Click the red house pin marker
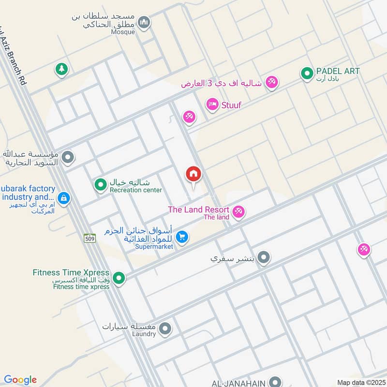point(193,175)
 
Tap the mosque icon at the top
point(144,22)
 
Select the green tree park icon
point(61,69)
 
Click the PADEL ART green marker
point(306,74)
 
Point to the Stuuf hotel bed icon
point(212,104)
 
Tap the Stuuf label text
point(231,104)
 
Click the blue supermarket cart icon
point(182,237)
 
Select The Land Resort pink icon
point(238,211)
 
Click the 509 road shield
point(89,238)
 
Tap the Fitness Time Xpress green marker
point(119,278)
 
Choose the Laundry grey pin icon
point(165,328)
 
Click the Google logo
point(20,380)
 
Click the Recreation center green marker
point(100,184)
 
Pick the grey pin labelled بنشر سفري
point(264,257)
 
